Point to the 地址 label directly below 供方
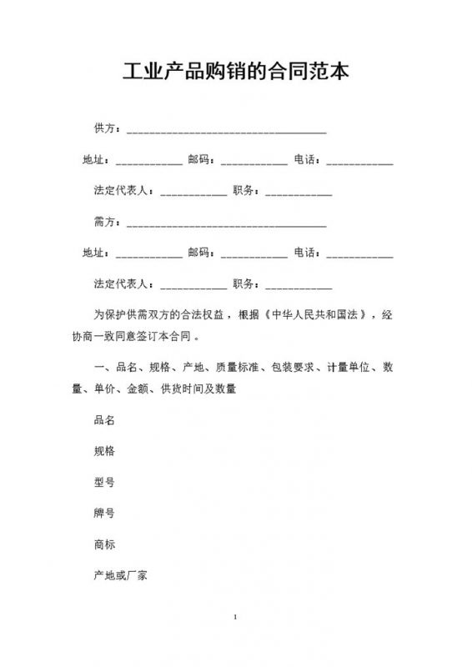94,159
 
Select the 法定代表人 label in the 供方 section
123,191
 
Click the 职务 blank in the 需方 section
299,286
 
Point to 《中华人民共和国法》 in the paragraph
315,316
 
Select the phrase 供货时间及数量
198,389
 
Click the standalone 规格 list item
105,451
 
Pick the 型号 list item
105,482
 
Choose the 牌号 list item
105,514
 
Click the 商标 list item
105,544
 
